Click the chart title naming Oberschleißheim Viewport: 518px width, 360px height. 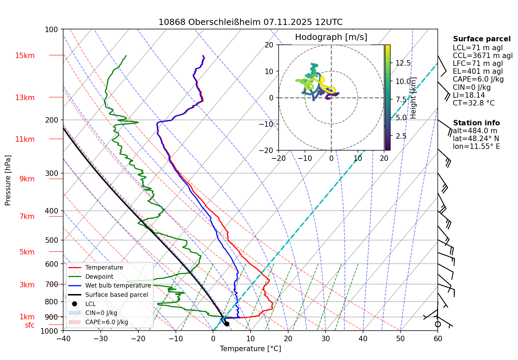(250, 22)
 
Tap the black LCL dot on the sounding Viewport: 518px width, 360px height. (227, 324)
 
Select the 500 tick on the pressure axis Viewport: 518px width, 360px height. (52, 240)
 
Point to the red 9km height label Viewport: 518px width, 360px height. (27, 179)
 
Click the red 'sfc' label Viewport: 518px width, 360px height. (30, 325)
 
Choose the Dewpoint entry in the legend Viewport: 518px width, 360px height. (99, 277)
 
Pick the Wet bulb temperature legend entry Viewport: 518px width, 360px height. (118, 286)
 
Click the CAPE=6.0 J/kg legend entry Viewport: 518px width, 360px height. (107, 322)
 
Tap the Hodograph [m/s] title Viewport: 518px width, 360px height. (331, 37)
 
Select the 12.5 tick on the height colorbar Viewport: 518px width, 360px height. (403, 63)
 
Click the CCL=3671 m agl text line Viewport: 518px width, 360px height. (482, 56)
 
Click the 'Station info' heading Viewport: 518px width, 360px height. (476, 123)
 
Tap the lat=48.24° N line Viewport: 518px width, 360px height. (476, 139)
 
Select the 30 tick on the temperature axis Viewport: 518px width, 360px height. (325, 338)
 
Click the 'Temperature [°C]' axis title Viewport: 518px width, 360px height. (250, 349)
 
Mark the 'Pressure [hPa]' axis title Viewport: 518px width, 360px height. (8, 180)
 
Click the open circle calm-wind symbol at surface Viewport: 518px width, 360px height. (438, 324)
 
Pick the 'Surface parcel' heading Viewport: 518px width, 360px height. (481, 39)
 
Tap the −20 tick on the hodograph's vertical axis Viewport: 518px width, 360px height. (269, 150)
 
